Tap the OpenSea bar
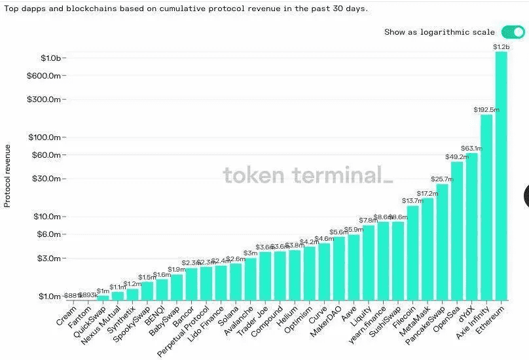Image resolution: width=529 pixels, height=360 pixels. [x=457, y=230]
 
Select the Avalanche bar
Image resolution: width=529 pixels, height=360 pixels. [x=250, y=278]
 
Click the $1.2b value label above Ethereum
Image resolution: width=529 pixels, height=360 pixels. [x=501, y=47]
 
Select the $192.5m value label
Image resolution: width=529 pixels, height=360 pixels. [x=486, y=110]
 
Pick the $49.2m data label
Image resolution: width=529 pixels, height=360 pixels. [x=457, y=157]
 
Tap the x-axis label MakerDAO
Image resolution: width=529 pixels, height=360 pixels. [x=325, y=319]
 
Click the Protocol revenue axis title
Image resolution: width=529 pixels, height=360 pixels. [x=8, y=175]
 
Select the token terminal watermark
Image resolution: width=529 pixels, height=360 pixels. [x=308, y=175]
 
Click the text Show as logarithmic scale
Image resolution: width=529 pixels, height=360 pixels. [x=439, y=32]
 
